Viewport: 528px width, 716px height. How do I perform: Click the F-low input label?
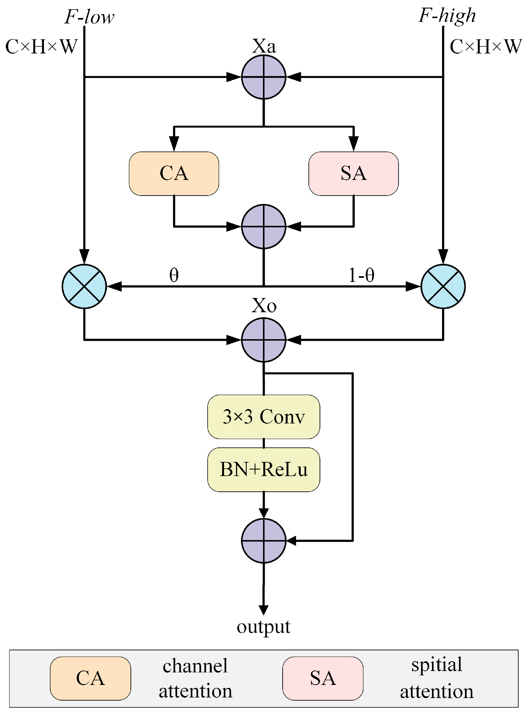89,17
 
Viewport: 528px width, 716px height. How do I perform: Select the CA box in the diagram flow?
174,173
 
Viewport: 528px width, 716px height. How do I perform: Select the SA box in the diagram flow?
353,173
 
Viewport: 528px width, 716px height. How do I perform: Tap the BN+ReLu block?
263,469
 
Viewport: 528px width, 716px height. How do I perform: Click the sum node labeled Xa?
263,77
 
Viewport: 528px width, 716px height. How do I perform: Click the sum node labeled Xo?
263,339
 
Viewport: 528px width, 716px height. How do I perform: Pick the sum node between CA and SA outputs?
263,226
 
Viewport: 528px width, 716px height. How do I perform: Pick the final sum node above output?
263,540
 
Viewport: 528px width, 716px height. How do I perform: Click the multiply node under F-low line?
84,286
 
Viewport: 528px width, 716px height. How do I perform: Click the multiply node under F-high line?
443,286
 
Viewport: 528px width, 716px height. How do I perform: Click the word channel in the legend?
195,666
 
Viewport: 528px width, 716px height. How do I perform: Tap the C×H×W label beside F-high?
485,47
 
